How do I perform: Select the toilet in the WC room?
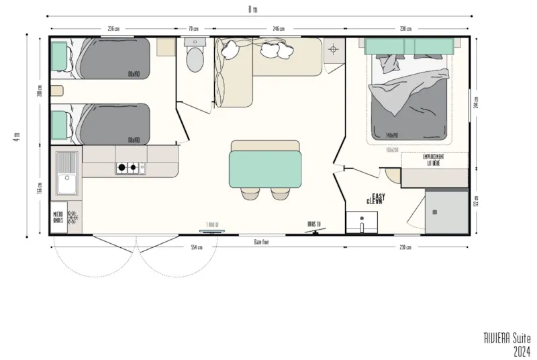click(x=195, y=57)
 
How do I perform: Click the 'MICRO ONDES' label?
click(x=59, y=217)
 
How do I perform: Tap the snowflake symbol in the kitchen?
click(x=72, y=217)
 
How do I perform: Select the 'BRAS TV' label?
click(x=313, y=224)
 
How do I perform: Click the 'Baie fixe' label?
click(x=262, y=242)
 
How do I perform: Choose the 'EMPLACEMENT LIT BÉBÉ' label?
click(x=433, y=159)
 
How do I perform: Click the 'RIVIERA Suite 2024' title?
click(x=507, y=343)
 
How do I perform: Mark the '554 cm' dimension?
click(x=197, y=247)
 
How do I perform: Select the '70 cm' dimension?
click(x=195, y=29)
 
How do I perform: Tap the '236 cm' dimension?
click(x=113, y=29)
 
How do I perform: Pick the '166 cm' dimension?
click(x=40, y=189)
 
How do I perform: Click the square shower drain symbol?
click(x=334, y=49)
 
